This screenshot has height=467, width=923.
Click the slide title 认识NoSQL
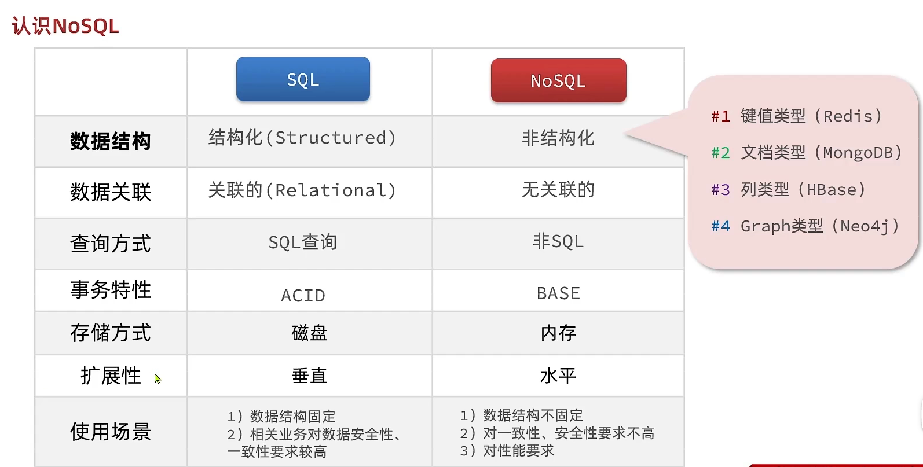[65, 26]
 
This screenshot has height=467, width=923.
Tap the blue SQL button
[303, 79]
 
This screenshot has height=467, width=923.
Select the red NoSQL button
[558, 80]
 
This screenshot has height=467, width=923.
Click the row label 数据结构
[111, 141]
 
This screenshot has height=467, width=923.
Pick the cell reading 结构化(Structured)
[302, 138]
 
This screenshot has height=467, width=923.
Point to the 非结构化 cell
[558, 138]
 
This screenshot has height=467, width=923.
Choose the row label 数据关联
[111, 192]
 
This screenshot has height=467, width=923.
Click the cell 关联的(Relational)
[302, 190]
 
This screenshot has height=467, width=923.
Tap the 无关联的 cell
[558, 189]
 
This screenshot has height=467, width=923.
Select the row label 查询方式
[111, 243]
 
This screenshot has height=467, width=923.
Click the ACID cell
[303, 296]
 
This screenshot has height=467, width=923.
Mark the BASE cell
[558, 293]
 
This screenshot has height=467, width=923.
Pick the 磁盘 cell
[309, 333]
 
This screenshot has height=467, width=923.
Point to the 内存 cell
[558, 333]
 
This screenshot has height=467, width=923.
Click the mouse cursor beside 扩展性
[157, 378]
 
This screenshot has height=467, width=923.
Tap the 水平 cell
[558, 376]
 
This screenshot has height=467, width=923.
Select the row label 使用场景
[111, 431]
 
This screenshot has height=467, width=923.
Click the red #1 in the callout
[720, 116]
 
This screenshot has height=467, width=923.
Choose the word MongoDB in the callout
[858, 153]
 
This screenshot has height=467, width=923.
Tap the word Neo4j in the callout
[865, 226]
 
